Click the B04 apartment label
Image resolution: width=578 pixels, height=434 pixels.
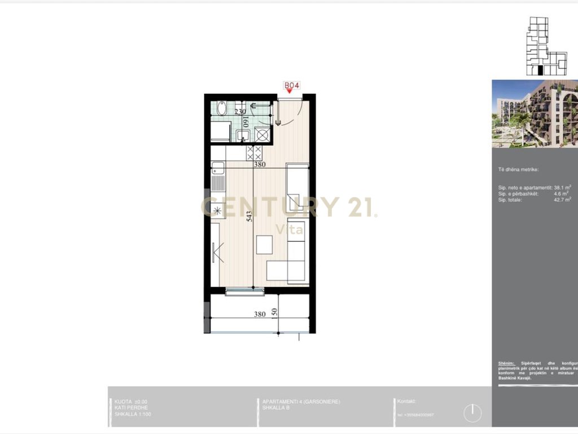click(x=291, y=85)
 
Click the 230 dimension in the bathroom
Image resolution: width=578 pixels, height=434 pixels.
click(x=225, y=112)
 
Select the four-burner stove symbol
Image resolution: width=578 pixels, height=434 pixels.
click(x=254, y=153)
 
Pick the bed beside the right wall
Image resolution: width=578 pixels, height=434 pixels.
click(x=297, y=186)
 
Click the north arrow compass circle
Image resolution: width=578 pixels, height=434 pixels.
click(x=472, y=413)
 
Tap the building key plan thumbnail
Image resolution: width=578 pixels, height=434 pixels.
click(x=546, y=46)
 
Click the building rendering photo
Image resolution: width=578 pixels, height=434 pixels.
click(x=535, y=114)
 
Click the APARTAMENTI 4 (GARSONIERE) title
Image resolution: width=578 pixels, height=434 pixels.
click(x=301, y=402)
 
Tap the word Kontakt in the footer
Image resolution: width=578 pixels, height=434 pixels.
click(x=407, y=401)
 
